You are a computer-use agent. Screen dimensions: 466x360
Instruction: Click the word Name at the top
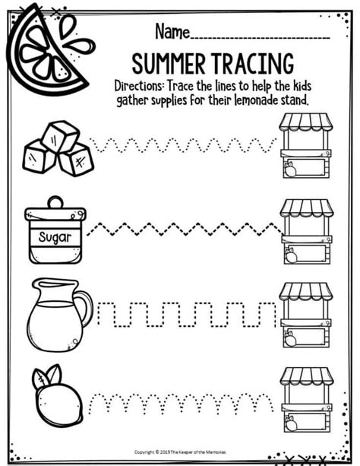172,31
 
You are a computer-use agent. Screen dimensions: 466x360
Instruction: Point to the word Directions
140,83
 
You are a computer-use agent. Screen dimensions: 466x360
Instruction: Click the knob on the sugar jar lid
55,201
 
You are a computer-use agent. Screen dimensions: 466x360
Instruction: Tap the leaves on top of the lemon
48,373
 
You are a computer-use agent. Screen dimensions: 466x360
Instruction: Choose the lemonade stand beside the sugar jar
306,230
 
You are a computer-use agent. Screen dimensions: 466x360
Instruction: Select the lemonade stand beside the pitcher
306,314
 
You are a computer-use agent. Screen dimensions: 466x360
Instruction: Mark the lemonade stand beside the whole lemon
306,398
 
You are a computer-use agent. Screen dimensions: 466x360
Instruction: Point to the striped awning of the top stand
306,122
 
